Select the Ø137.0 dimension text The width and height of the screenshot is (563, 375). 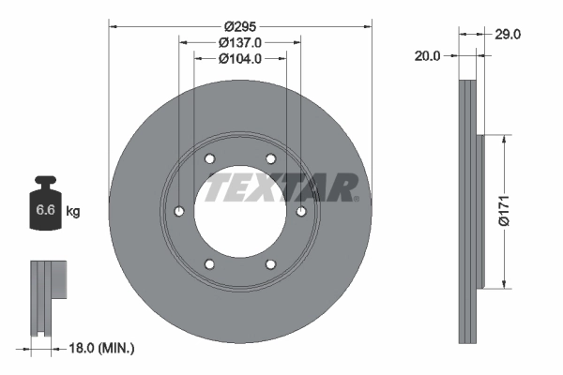[240, 42]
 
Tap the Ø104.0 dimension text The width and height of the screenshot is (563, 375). [240, 58]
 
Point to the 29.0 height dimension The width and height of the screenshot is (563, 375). [508, 34]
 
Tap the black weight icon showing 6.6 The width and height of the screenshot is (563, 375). [45, 206]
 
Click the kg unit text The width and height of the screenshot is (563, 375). [73, 212]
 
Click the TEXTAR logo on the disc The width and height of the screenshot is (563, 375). [281, 187]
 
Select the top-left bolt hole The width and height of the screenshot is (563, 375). [210, 158]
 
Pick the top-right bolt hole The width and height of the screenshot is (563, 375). [270, 158]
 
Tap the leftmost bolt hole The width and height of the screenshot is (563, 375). [179, 212]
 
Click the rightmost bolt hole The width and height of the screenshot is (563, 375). [301, 212]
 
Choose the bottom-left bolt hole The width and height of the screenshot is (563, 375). [210, 264]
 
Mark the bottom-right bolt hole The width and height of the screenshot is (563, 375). [270, 264]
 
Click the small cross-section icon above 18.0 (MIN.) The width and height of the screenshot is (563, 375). [49, 296]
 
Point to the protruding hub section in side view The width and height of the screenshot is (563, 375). [480, 211]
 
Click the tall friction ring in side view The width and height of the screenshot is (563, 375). [468, 211]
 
